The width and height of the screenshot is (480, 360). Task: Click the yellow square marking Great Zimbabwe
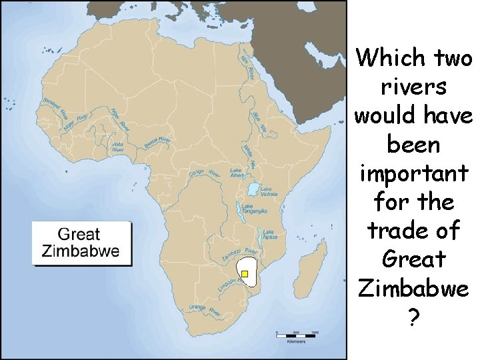click(x=245, y=274)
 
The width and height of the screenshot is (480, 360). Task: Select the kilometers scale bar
click(x=297, y=333)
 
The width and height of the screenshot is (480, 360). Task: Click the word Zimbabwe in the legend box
click(x=81, y=251)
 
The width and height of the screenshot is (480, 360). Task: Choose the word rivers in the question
click(x=413, y=86)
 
